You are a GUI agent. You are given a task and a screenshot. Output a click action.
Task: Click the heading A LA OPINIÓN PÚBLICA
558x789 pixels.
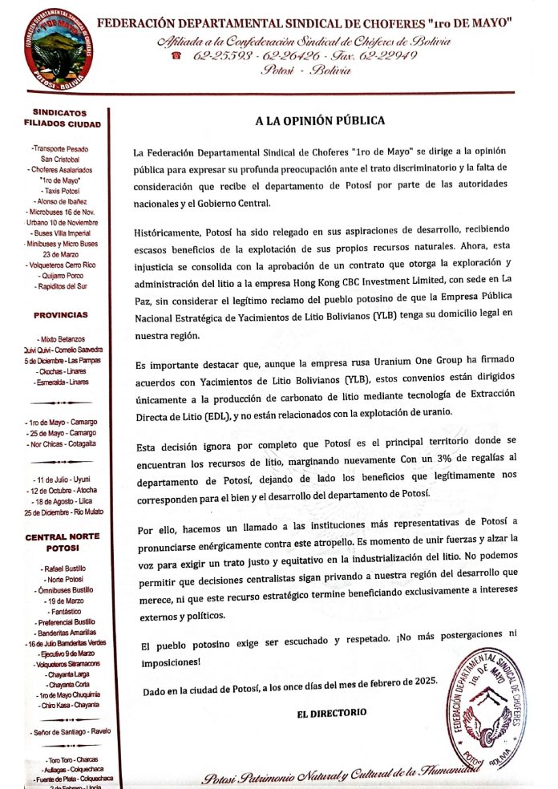320,121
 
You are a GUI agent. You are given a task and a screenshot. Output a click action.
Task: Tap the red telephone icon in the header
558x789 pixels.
176,55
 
